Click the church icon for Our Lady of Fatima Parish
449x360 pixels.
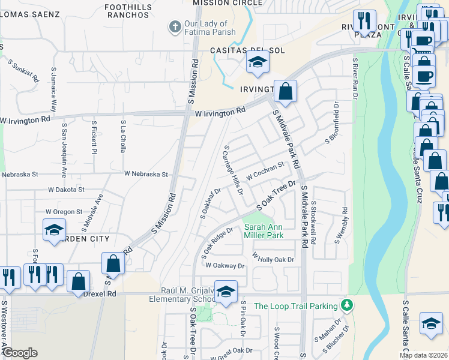point(175,26)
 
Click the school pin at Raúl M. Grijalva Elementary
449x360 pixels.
point(226,292)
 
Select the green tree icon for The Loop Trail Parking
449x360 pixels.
point(346,305)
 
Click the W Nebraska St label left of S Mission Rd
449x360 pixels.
point(146,174)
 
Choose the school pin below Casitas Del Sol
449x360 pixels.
point(258,62)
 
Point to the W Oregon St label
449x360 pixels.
point(64,212)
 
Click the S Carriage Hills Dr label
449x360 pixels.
point(234,170)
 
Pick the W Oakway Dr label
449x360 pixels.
point(226,265)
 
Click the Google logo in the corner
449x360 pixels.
point(20,353)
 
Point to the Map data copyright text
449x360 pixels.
point(423,355)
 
